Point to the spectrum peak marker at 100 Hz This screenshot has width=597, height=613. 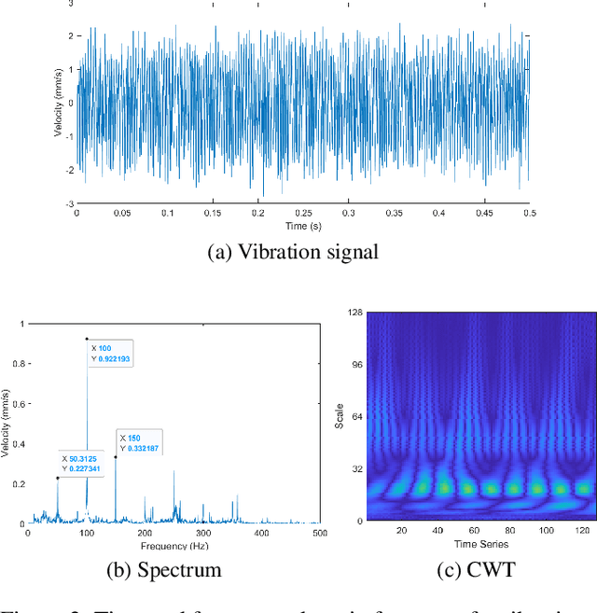pos(87,339)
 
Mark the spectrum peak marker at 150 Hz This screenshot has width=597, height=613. pos(116,457)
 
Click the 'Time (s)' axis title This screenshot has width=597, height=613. pos(303,225)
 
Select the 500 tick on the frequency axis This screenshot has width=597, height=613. pos(320,533)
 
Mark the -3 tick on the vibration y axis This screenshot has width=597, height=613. pos(69,203)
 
